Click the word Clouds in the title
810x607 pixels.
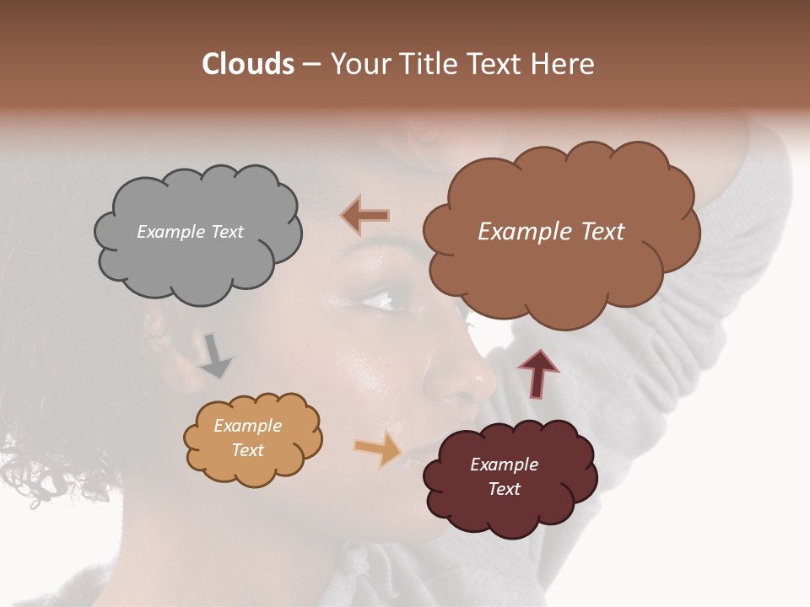click(x=247, y=64)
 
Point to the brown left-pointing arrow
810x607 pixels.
click(x=365, y=216)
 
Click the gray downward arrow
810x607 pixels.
click(x=216, y=356)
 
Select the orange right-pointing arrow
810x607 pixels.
click(x=379, y=449)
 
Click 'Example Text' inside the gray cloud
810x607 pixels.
click(x=190, y=232)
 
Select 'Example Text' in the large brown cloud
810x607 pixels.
click(x=551, y=232)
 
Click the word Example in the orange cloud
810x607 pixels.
click(x=247, y=427)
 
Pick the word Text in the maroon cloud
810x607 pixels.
click(x=504, y=490)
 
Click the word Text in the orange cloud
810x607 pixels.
click(x=247, y=450)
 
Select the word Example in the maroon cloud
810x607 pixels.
click(x=504, y=465)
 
